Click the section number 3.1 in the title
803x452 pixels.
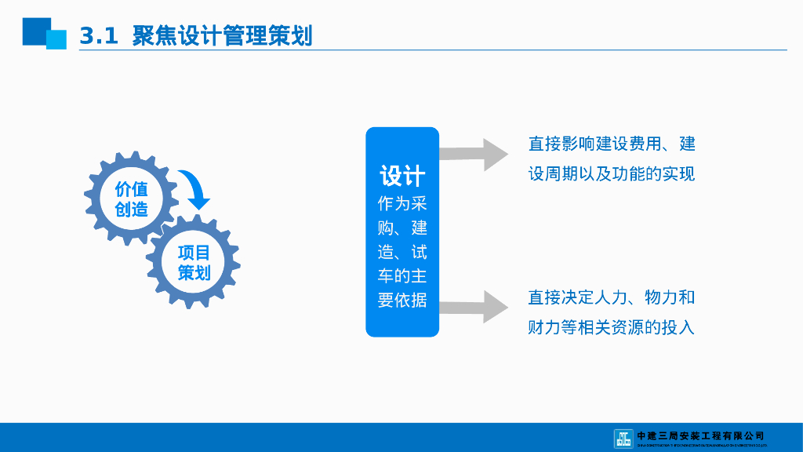98,36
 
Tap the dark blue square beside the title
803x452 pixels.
35,31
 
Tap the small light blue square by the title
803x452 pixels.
56,40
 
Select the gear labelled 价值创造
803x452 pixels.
131,199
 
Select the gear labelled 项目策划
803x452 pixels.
194,262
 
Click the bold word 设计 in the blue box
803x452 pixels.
402,175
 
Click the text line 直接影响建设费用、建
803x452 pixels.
612,144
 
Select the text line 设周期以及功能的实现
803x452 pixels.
612,173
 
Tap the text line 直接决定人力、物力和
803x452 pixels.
612,297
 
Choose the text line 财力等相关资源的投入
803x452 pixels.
612,327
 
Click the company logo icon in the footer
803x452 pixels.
623,438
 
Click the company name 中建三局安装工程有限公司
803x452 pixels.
700,435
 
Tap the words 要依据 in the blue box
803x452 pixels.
402,301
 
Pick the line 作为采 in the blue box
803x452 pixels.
402,204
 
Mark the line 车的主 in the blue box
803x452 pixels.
402,276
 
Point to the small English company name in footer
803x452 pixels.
700,445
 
